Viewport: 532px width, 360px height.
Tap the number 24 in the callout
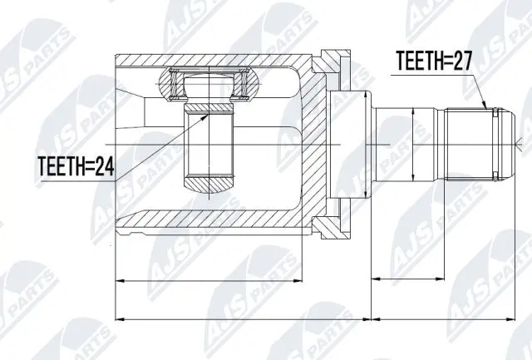tap(105, 167)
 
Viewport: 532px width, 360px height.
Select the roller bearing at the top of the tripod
tap(209, 81)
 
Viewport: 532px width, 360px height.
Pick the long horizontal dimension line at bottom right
tap(449, 318)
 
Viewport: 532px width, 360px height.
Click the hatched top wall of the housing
tap(208, 61)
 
